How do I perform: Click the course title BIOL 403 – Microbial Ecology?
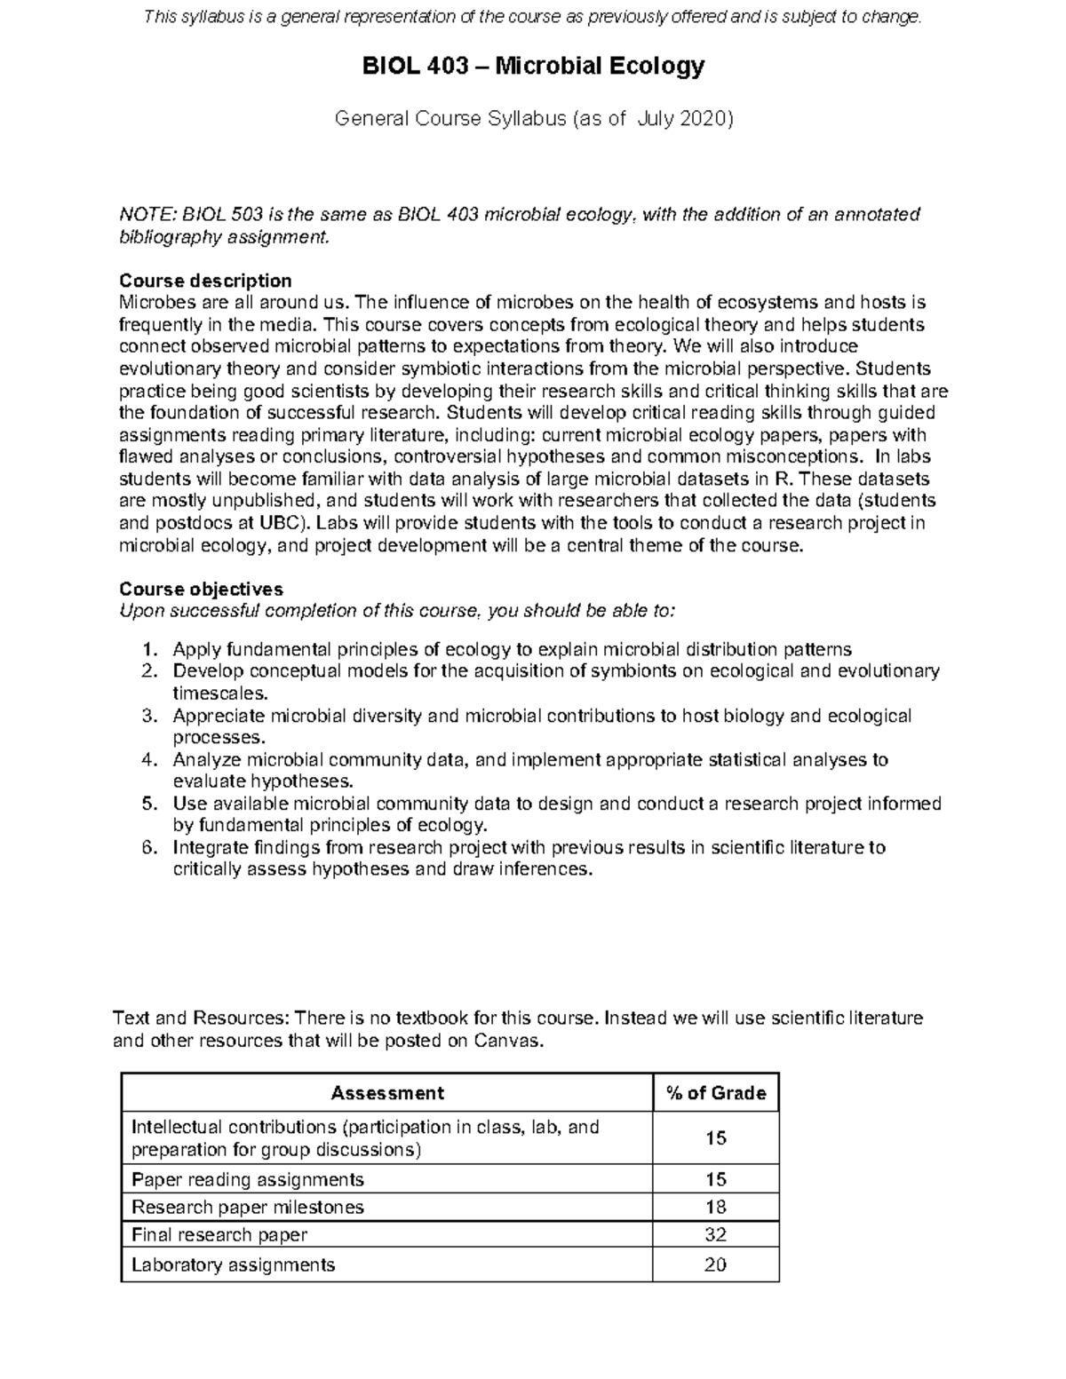point(532,66)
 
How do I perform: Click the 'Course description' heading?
point(205,281)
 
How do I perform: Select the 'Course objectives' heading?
point(201,589)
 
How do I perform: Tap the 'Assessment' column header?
point(386,1093)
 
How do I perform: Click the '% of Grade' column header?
point(715,1093)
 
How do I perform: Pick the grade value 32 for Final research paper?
point(715,1234)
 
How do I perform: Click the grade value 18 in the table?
point(715,1207)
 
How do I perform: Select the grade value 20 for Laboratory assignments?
point(715,1264)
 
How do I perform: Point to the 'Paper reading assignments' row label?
point(248,1179)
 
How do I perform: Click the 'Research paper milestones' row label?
point(248,1207)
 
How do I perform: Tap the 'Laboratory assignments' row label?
point(234,1264)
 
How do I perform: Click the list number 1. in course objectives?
point(150,649)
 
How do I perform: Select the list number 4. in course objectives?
point(150,760)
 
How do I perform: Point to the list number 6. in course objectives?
point(150,848)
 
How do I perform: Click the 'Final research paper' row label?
point(219,1234)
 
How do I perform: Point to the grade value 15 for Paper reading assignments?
point(715,1179)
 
